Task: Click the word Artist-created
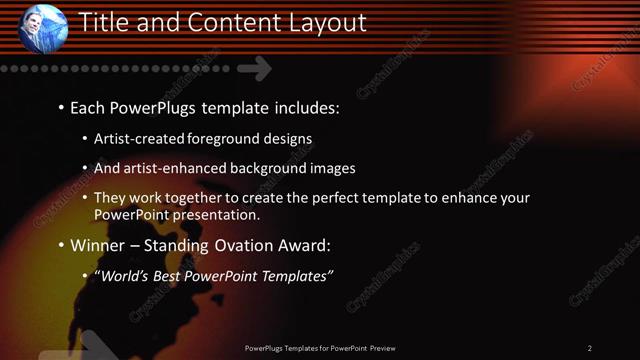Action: point(140,138)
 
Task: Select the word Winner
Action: point(98,245)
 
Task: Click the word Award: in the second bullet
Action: point(301,245)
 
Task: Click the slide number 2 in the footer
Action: point(590,348)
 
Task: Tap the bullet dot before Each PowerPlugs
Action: point(61,106)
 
